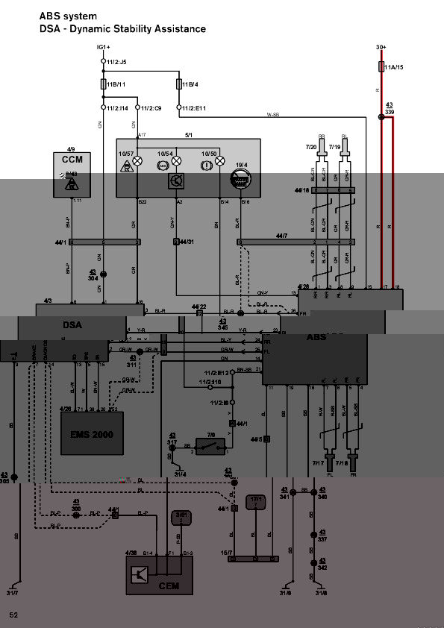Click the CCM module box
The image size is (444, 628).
tap(72, 175)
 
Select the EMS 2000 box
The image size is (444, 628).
tap(92, 433)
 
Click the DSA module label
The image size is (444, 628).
tap(72, 325)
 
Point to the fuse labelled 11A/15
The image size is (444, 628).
tap(382, 67)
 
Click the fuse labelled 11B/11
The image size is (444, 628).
tap(103, 84)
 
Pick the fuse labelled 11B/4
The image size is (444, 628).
tap(179, 84)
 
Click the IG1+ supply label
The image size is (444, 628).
tap(103, 48)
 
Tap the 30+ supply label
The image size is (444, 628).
tap(381, 48)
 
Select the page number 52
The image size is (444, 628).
tap(13, 615)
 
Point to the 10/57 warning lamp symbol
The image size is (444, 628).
tap(137, 160)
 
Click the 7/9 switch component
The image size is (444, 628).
tap(211, 445)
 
